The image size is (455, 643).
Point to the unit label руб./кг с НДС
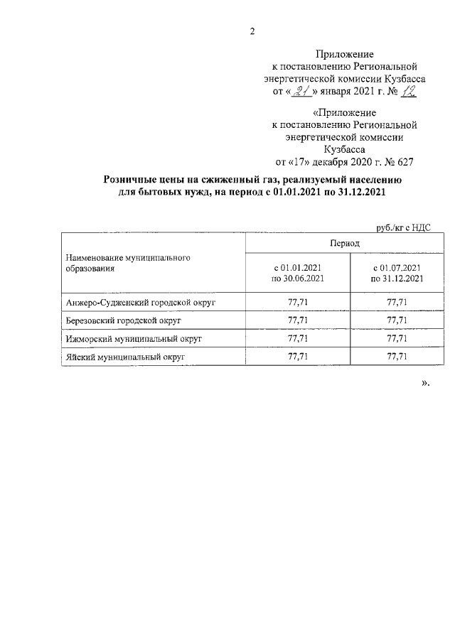click(402, 227)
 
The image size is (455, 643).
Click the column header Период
click(344, 243)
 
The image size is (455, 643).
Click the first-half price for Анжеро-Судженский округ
click(297, 303)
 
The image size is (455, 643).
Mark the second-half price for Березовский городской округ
click(397, 320)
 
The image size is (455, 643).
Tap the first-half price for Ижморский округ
click(297, 339)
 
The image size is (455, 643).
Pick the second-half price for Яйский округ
click(397, 357)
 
